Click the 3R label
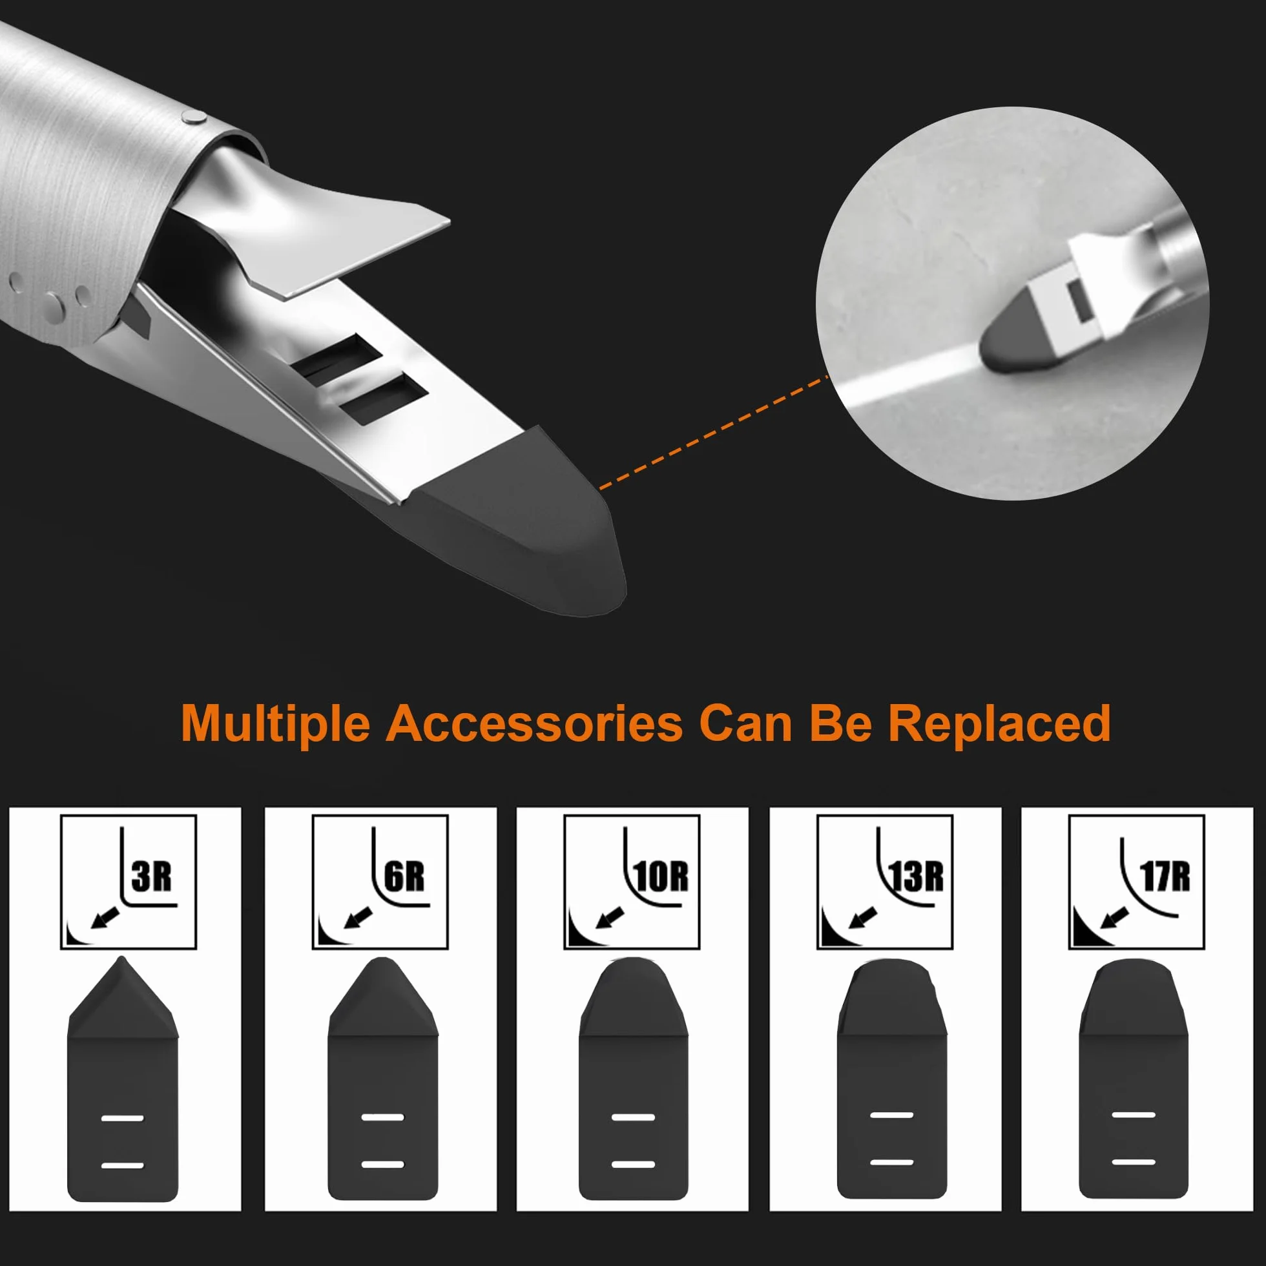151,877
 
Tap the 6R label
404,877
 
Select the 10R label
661,877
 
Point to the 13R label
915,877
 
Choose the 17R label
1165,877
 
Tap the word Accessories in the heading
534,723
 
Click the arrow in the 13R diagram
863,917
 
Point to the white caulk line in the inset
911,379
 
